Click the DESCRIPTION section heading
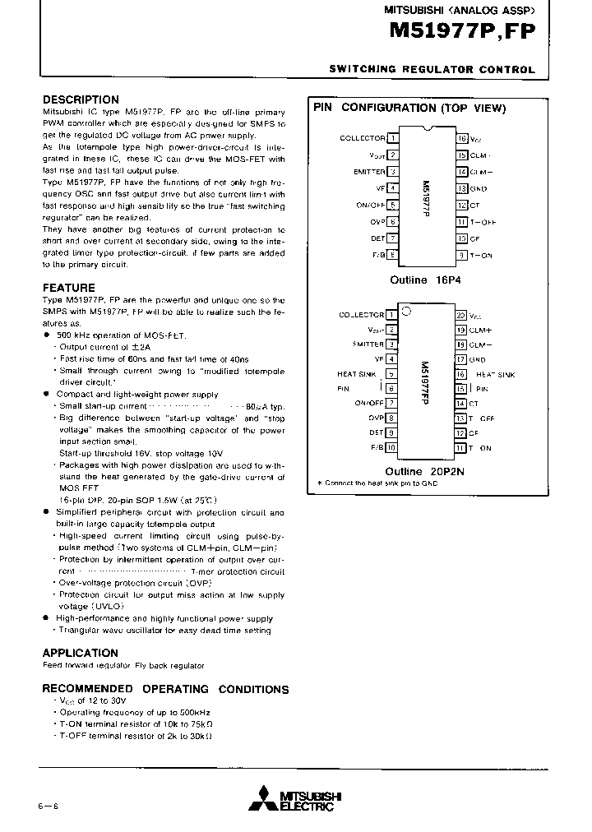point(81,99)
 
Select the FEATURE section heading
point(69,288)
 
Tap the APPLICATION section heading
point(81,653)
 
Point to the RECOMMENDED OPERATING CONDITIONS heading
point(165,689)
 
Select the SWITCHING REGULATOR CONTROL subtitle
point(432,71)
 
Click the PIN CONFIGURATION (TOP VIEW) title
point(409,108)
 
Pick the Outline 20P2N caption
point(424,471)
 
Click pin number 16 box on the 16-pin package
point(462,138)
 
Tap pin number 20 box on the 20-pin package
point(460,315)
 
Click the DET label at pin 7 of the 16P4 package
point(377,238)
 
